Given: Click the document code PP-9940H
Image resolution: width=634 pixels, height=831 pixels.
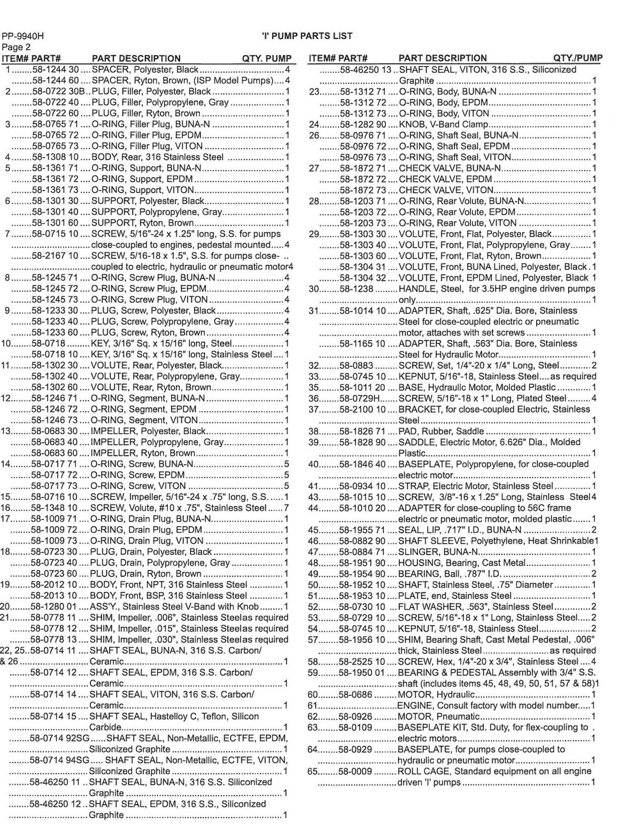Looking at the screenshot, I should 23,36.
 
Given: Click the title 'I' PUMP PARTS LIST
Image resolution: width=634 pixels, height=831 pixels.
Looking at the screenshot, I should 307,36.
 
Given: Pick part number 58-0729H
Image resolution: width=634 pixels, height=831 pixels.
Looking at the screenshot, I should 360,398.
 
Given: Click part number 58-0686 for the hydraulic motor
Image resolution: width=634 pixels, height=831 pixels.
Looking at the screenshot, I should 355,694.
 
